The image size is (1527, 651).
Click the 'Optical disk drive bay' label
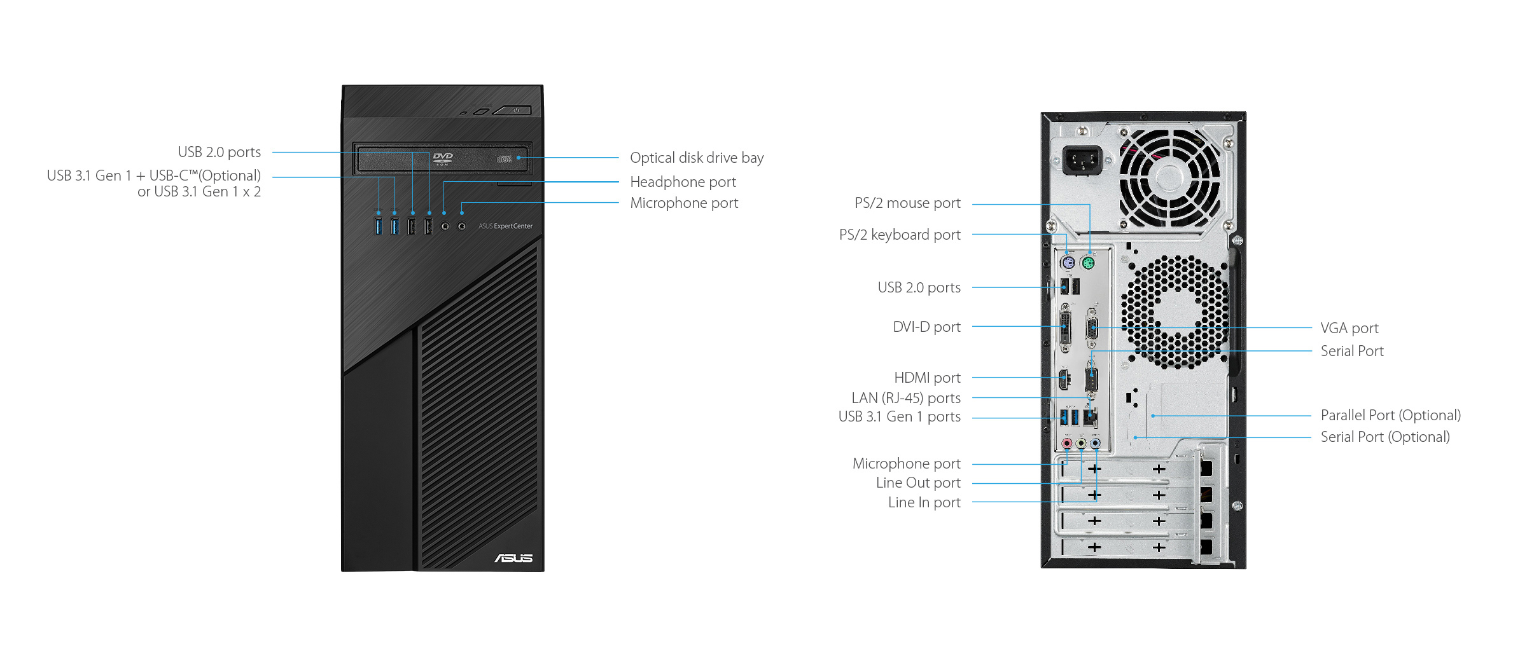click(697, 158)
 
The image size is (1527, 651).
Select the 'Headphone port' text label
click(683, 182)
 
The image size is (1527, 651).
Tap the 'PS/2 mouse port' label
click(907, 203)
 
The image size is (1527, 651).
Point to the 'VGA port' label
click(1349, 328)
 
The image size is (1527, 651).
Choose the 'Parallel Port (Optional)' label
click(1391, 415)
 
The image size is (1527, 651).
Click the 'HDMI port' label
click(927, 378)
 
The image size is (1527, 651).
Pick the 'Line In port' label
click(924, 502)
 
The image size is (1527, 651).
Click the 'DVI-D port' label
click(926, 327)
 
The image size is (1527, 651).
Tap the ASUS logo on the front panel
click(513, 558)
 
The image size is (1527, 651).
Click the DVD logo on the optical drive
click(443, 158)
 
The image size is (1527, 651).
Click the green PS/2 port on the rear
click(1088, 263)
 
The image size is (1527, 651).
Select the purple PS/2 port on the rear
click(1068, 263)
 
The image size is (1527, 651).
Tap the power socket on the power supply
click(1082, 160)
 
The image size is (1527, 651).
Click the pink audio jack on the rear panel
click(1067, 443)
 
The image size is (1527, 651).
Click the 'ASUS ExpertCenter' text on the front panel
click(506, 226)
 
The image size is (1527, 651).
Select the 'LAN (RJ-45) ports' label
click(906, 398)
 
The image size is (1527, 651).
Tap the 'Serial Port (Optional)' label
click(1385, 437)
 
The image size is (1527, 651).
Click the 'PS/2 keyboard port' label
click(900, 235)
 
